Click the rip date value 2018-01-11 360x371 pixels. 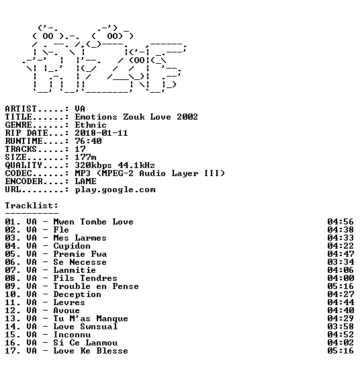(x=101, y=133)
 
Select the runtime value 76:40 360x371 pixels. (x=88, y=141)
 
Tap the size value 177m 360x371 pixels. (x=85, y=157)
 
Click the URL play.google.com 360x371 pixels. (x=115, y=190)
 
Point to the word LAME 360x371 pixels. (x=85, y=181)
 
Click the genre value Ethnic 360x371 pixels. (x=91, y=125)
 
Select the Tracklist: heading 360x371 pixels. (x=32, y=206)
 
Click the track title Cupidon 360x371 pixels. (x=72, y=246)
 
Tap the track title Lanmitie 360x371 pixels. (x=75, y=270)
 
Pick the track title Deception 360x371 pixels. (x=77, y=294)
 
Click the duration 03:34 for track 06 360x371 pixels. (x=341, y=262)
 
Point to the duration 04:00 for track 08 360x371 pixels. (x=341, y=278)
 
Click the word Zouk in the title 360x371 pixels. (x=134, y=117)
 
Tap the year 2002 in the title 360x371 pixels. (x=187, y=117)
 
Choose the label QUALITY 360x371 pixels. (x=24, y=165)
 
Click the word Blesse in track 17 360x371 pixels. (x=112, y=351)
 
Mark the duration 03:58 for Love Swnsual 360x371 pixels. (x=341, y=327)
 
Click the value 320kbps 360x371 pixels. (x=93, y=165)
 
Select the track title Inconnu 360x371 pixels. (x=72, y=335)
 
